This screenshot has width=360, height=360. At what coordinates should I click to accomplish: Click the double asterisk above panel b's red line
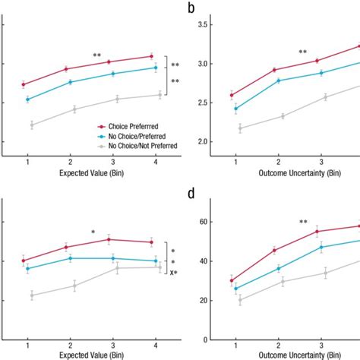303,52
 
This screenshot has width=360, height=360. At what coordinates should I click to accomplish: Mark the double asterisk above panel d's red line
303,222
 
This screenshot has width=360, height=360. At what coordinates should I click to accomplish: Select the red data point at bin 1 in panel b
235,96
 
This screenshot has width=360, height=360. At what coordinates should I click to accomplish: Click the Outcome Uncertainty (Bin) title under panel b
278,172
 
